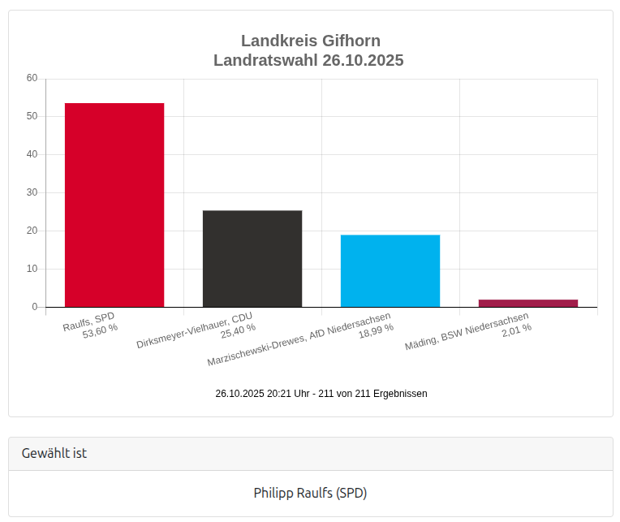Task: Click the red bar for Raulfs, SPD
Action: click(114, 205)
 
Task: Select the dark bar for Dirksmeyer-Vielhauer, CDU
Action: click(252, 258)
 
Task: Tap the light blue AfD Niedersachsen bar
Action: click(390, 270)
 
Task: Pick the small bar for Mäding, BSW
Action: click(528, 303)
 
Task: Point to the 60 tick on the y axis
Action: click(32, 78)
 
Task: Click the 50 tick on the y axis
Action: click(32, 116)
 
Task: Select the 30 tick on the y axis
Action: click(32, 192)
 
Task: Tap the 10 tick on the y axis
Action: click(32, 269)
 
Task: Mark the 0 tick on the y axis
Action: click(35, 307)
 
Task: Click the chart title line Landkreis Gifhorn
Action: click(310, 41)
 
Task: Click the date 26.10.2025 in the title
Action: click(363, 60)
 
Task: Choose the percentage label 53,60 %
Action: click(100, 328)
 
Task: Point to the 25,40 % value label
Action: click(238, 328)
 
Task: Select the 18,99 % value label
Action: click(376, 328)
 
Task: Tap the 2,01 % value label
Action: click(516, 328)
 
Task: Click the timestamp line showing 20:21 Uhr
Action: click(321, 393)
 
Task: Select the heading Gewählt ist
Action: click(54, 453)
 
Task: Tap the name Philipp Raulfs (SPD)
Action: click(310, 493)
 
